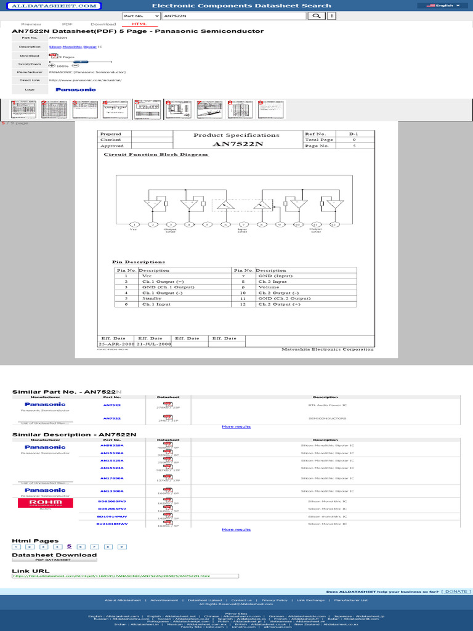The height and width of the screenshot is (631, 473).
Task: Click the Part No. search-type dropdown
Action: coord(141,15)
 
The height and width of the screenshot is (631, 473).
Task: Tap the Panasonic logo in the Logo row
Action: coord(76,89)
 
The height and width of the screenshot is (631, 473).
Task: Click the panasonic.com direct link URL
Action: coord(85,79)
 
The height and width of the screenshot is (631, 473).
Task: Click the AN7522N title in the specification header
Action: coord(237,144)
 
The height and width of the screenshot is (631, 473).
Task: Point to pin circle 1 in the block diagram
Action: coord(134,224)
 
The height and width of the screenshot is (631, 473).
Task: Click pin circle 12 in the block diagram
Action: coord(334,224)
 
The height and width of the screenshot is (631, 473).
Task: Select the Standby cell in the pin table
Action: coord(152,298)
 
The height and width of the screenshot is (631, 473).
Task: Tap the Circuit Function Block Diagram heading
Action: coord(156,154)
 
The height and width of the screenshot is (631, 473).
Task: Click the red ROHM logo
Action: coord(45,503)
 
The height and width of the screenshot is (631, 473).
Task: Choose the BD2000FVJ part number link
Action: coord(111,502)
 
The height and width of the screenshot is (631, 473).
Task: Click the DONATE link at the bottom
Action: coord(456,592)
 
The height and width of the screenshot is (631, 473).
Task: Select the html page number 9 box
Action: coord(122,547)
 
